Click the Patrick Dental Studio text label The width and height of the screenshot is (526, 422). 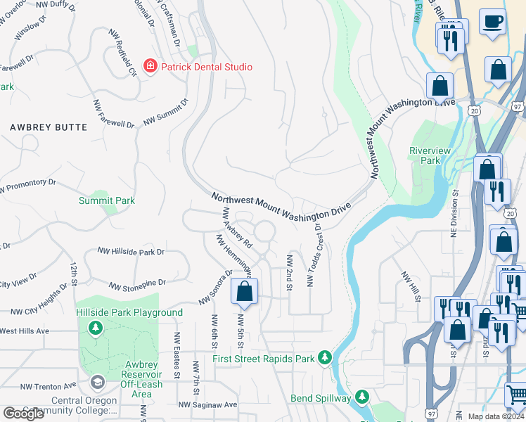[x=206, y=67]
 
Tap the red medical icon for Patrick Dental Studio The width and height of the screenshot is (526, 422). [x=149, y=67]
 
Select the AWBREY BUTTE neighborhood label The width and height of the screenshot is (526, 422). [x=49, y=127]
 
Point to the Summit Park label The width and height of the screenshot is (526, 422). [x=106, y=200]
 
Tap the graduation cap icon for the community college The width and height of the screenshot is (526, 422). [x=98, y=382]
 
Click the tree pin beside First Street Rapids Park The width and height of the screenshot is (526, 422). [x=324, y=358]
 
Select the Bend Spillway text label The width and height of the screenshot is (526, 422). [x=321, y=398]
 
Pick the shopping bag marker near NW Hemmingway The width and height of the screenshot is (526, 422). [x=244, y=291]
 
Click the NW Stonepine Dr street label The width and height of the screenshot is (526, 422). [x=139, y=284]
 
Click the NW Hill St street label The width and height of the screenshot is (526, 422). [x=410, y=287]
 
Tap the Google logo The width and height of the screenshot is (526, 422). [x=24, y=414]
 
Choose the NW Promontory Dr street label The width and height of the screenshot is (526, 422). [x=27, y=186]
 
